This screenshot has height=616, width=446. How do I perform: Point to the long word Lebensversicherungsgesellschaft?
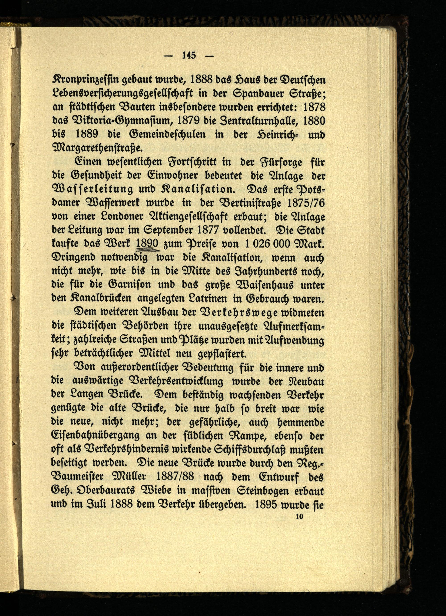[x=122, y=94]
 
